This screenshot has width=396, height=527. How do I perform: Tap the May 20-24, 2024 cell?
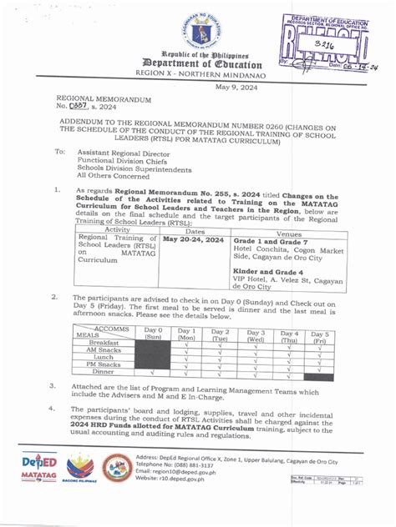[x=193, y=239]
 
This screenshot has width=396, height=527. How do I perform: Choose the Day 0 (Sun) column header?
[x=154, y=335]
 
